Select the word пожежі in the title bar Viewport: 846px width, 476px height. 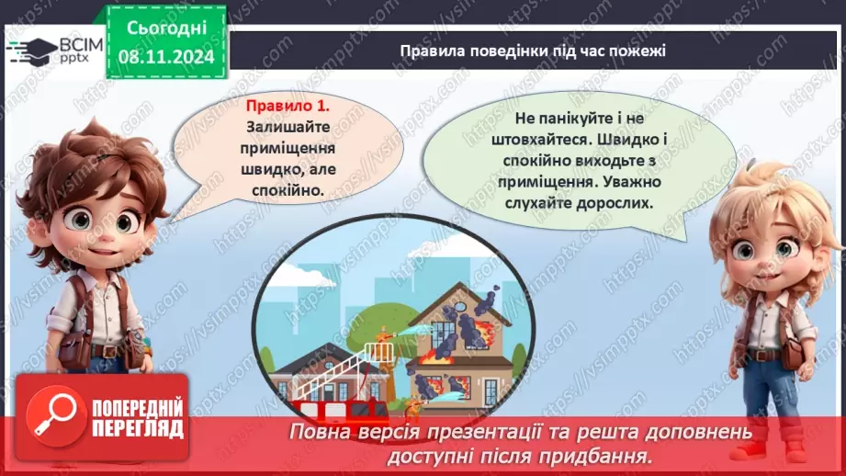640,51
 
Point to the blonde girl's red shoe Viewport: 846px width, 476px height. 755,449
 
